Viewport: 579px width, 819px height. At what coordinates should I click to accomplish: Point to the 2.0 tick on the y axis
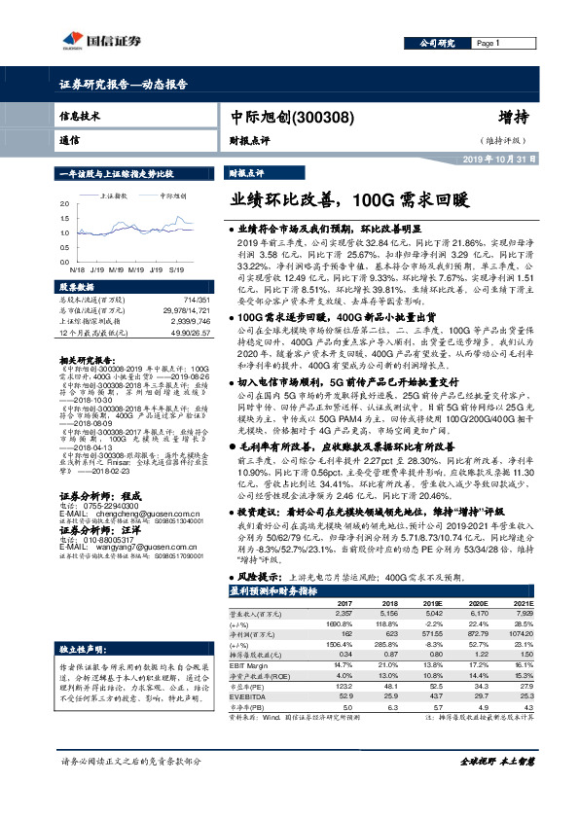point(64,206)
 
